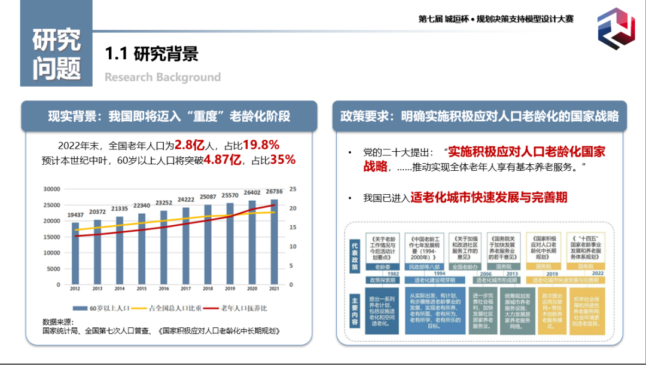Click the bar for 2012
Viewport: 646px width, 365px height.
coord(75,253)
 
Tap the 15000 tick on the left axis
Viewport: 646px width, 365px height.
coord(53,237)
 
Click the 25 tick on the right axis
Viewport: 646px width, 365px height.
coord(293,189)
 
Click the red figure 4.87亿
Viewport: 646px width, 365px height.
coord(222,160)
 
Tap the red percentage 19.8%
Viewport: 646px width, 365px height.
coord(261,145)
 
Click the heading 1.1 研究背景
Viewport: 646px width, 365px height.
coord(151,54)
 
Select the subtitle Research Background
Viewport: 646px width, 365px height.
coord(163,77)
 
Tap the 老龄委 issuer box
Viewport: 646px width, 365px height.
coord(382,266)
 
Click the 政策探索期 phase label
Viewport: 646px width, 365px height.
coord(382,280)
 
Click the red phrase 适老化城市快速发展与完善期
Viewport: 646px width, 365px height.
coord(489,198)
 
